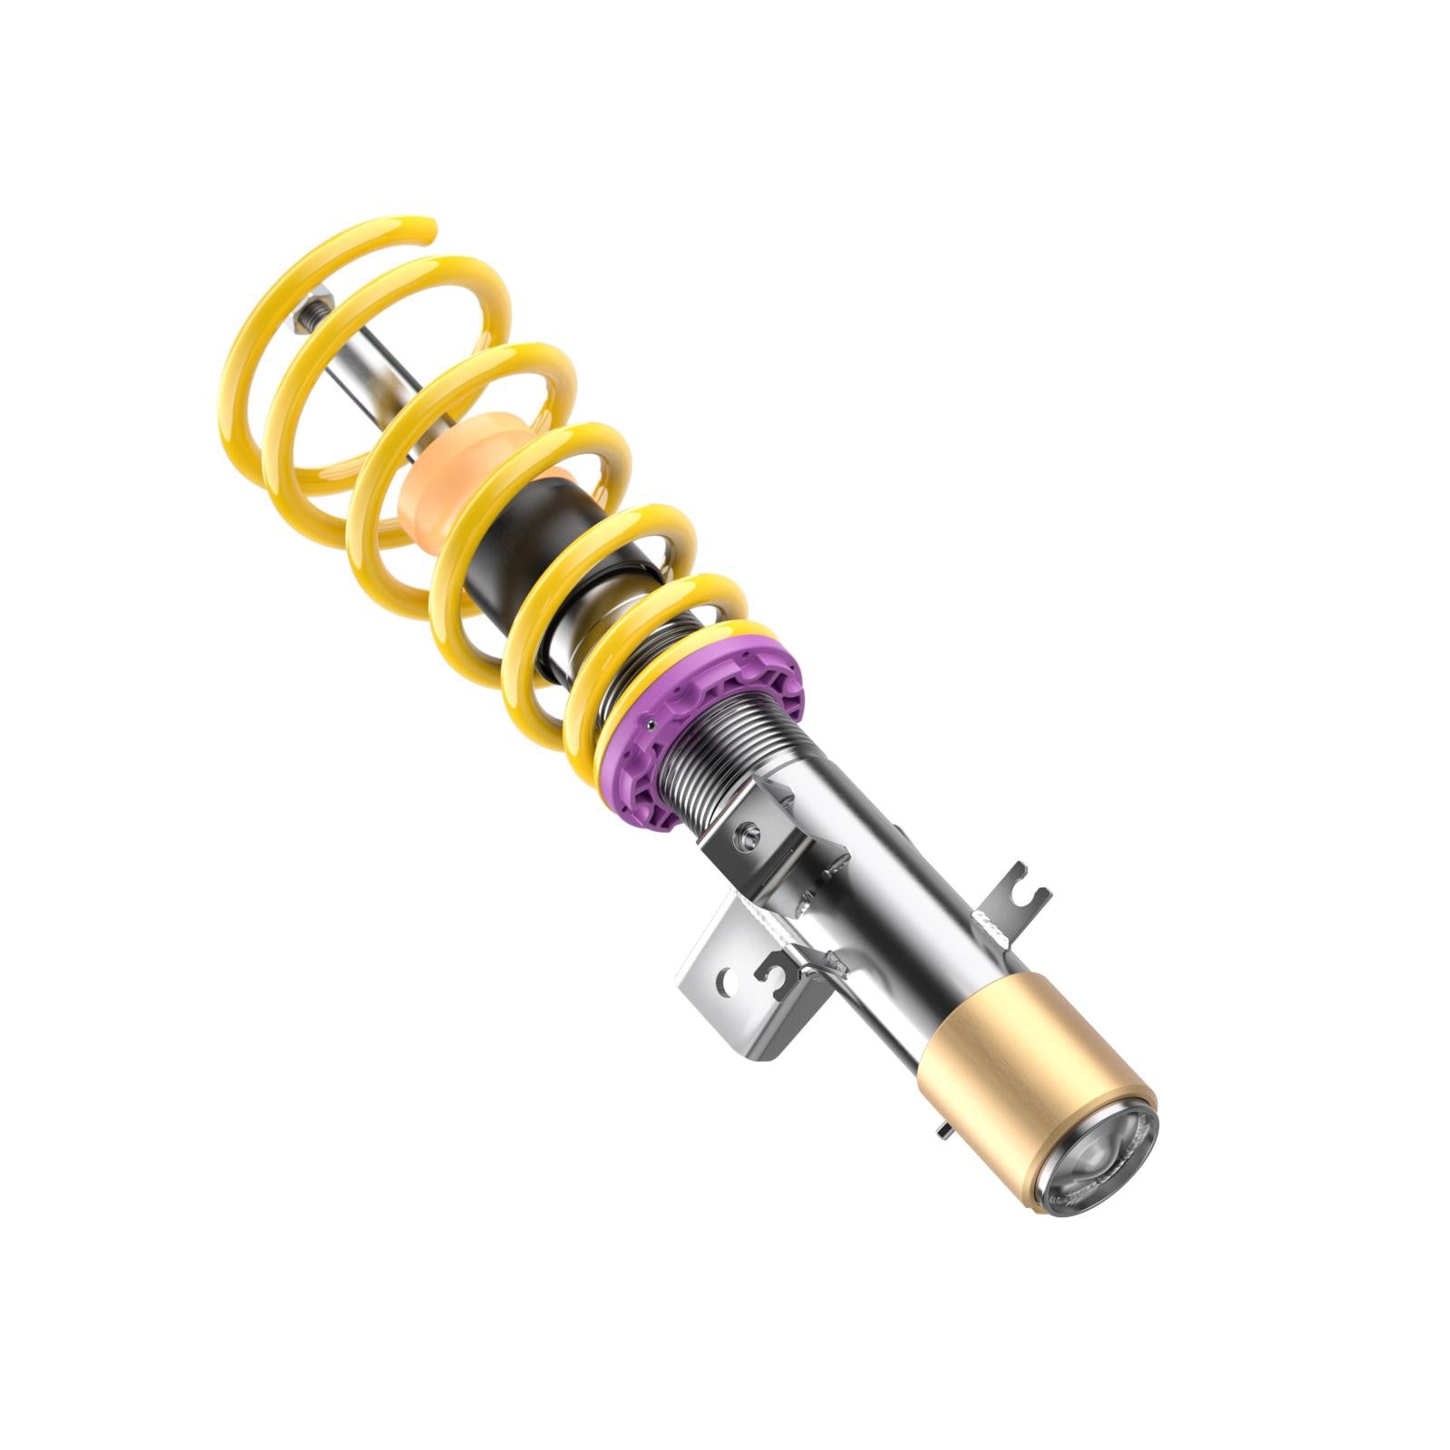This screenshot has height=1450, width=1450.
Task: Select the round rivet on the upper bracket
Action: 749,831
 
